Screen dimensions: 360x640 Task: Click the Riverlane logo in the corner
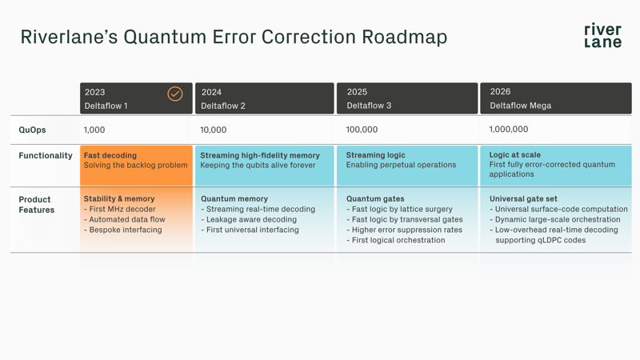click(602, 36)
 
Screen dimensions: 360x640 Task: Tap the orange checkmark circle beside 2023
click(174, 94)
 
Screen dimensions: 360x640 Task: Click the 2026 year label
click(500, 92)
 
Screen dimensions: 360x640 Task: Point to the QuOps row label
click(33, 130)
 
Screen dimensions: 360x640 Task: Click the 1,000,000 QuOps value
click(509, 130)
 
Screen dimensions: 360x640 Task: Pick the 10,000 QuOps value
click(214, 130)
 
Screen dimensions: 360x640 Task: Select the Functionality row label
click(46, 156)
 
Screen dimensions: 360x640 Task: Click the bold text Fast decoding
click(110, 155)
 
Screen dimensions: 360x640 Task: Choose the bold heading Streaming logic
click(375, 155)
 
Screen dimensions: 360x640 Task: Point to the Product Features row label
click(37, 205)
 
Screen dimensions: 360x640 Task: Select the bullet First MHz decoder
click(122, 210)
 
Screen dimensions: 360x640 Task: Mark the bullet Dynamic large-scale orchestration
click(558, 220)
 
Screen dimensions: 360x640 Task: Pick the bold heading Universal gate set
click(523, 199)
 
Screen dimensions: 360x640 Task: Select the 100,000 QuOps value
click(362, 130)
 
